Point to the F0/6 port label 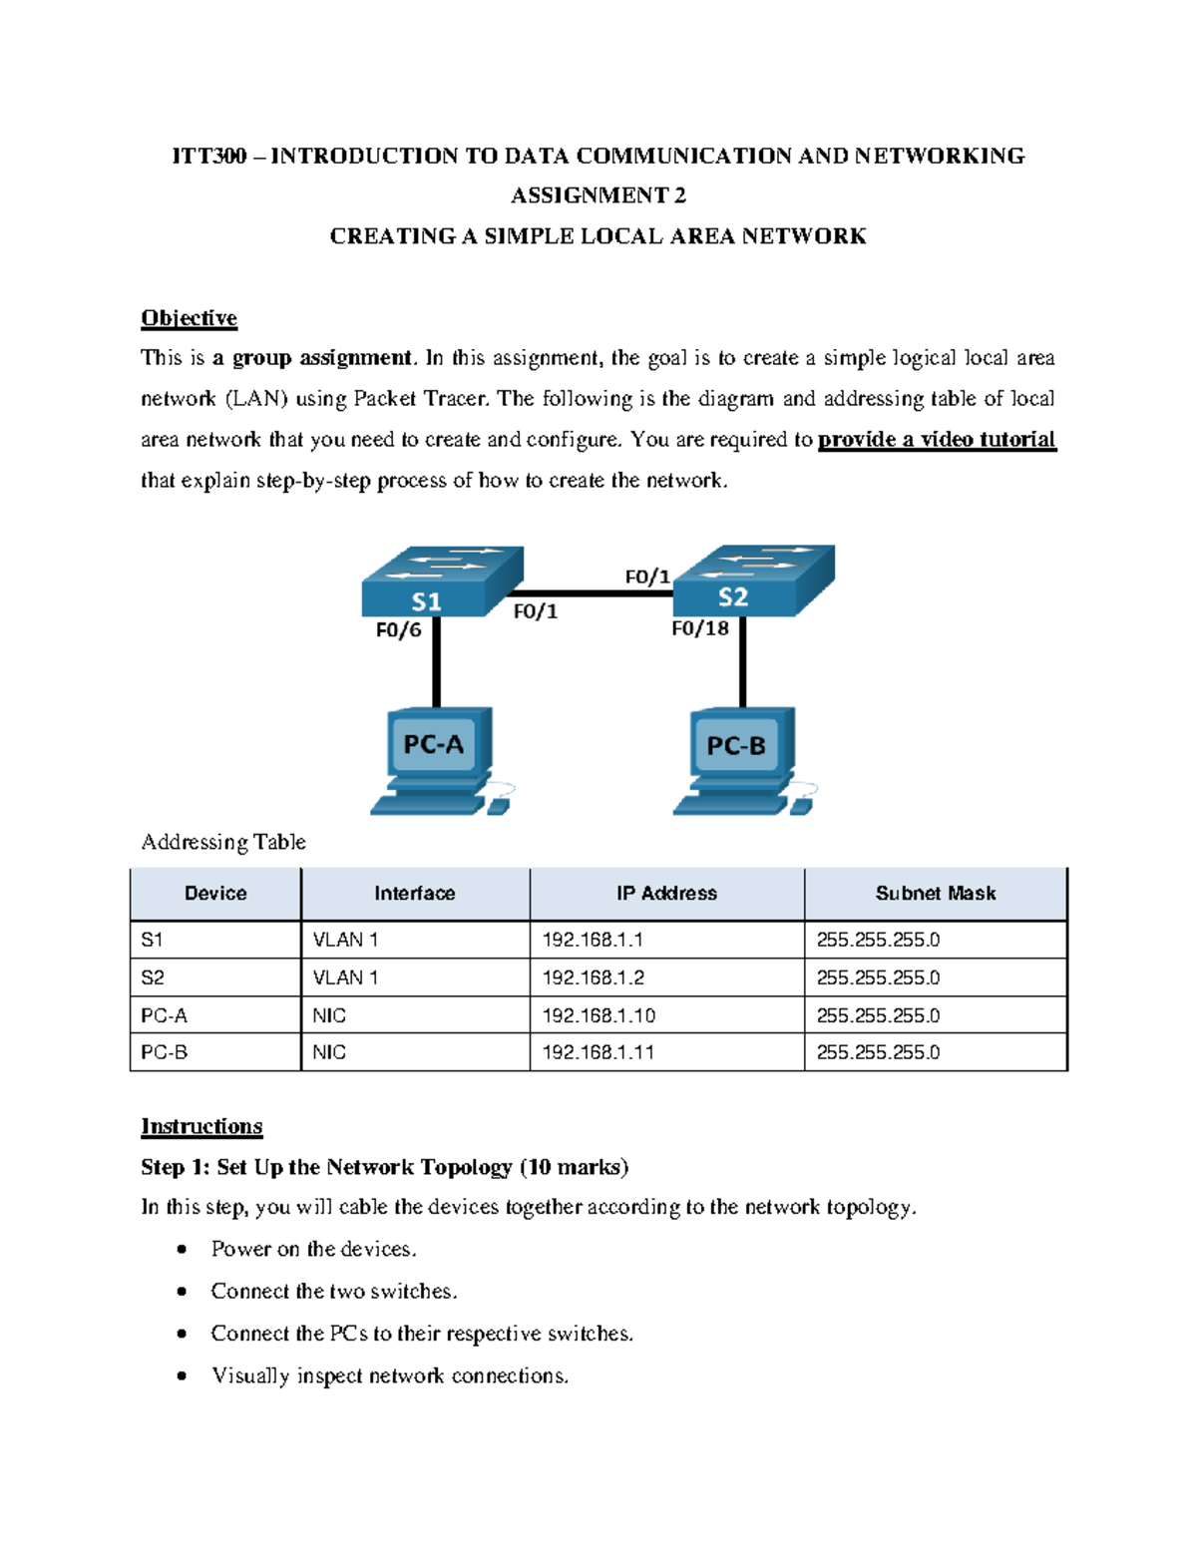pyautogui.click(x=398, y=630)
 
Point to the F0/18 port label pyautogui.click(x=700, y=628)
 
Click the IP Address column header pyautogui.click(x=666, y=894)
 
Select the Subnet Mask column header pyautogui.click(x=935, y=894)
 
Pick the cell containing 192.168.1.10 pyautogui.click(x=598, y=1015)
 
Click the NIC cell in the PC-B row pyautogui.click(x=329, y=1052)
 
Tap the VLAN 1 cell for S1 pyautogui.click(x=345, y=940)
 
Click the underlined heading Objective pyautogui.click(x=189, y=318)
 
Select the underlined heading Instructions pyautogui.click(x=201, y=1126)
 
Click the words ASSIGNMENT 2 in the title pyautogui.click(x=598, y=195)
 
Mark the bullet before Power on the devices pyautogui.click(x=182, y=1249)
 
